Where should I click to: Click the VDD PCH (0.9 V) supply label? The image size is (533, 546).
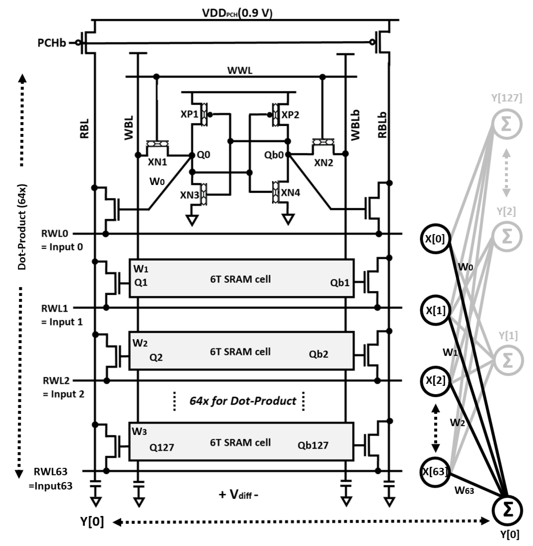coord(237,13)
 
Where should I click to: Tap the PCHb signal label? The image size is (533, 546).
coord(52,43)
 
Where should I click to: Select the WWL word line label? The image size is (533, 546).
coord(240,70)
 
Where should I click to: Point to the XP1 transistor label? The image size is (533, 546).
coord(189,114)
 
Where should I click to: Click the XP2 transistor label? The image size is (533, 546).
coord(290,115)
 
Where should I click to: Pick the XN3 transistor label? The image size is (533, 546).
coord(189,195)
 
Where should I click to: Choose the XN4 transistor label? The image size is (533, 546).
coord(290,193)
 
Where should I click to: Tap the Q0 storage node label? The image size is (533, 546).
coord(203,155)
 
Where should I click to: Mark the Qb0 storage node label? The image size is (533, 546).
coord(274,155)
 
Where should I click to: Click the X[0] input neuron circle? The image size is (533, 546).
coord(435,239)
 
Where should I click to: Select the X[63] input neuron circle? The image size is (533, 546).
coord(435,472)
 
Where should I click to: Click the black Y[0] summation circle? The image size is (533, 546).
coord(507,510)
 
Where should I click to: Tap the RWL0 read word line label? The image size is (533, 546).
coord(55,234)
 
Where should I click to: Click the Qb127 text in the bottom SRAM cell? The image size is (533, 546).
coord(313,445)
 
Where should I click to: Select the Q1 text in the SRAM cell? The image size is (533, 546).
coord(141,282)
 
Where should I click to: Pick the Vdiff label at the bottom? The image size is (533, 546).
coord(238,495)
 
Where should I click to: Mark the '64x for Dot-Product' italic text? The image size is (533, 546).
coord(242,401)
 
